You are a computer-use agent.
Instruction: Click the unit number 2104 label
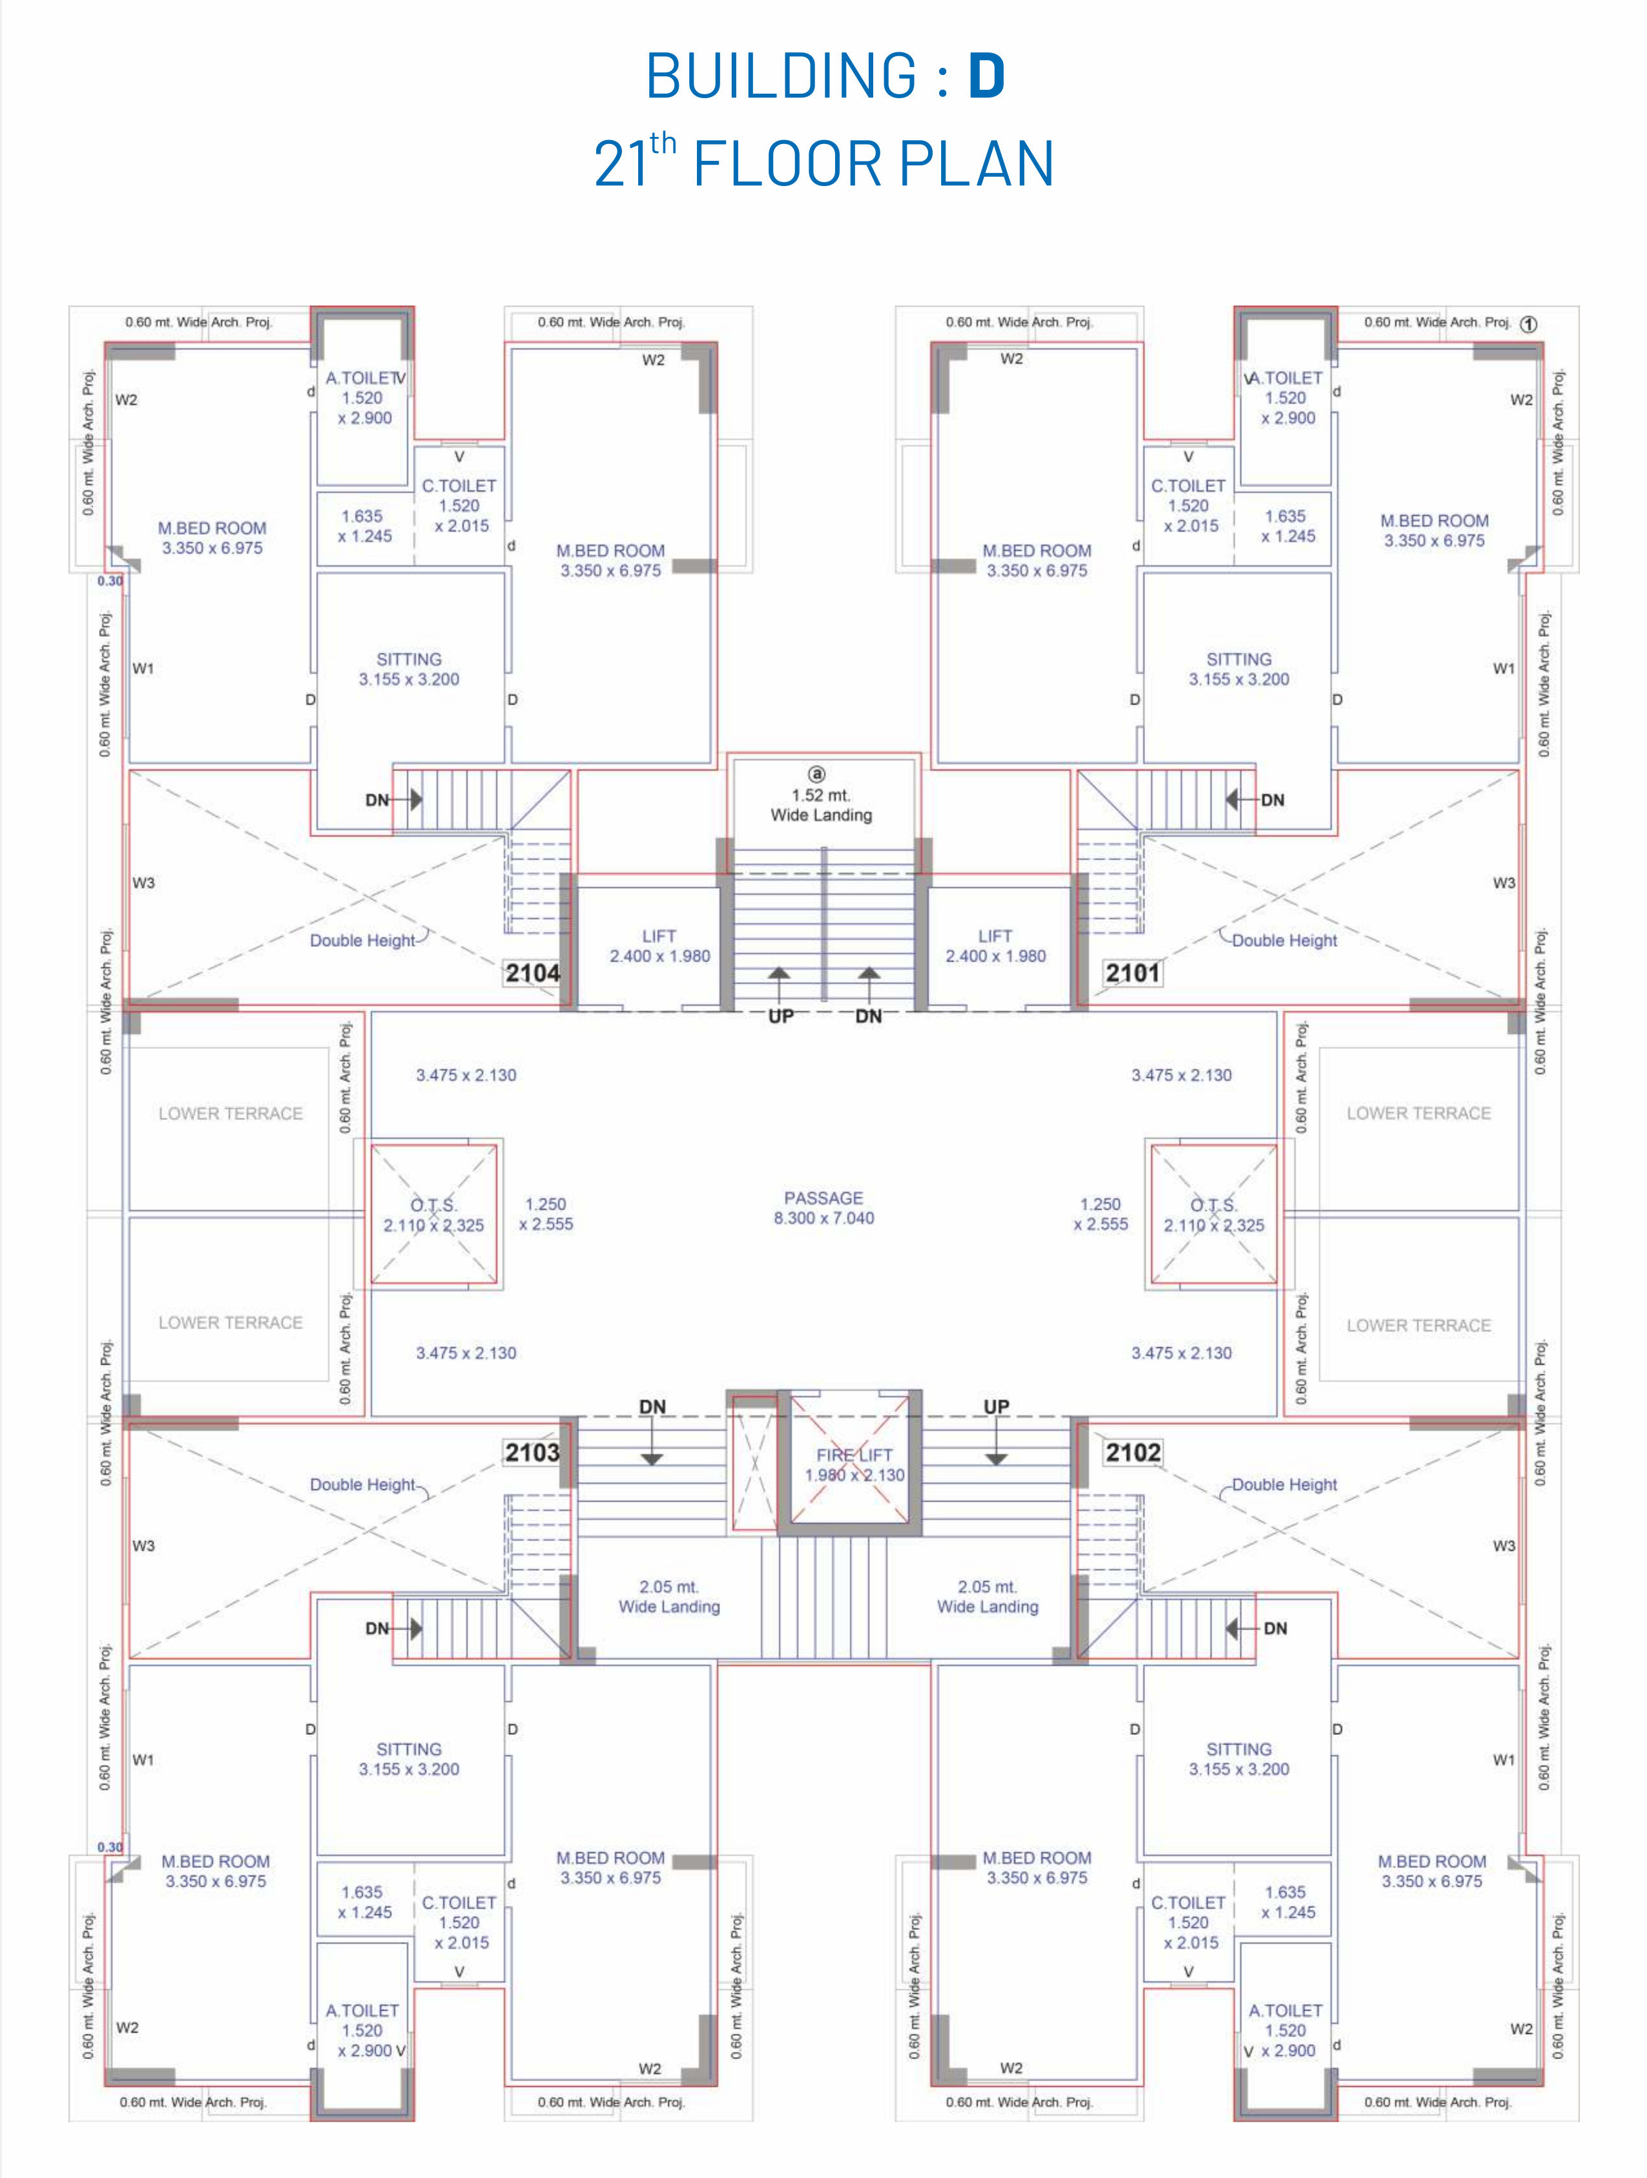[533, 973]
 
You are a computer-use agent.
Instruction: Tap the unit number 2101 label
[1132, 973]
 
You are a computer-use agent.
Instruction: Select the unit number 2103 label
[533, 1453]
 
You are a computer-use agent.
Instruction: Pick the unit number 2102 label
[1133, 1453]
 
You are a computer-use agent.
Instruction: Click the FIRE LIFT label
[855, 1455]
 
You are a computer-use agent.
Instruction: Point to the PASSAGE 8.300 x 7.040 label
[824, 1207]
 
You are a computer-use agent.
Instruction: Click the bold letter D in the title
[988, 76]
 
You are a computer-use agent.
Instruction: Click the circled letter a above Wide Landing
[816, 775]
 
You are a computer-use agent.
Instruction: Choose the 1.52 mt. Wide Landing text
[821, 804]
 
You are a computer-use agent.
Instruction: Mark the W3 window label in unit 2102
[1503, 1546]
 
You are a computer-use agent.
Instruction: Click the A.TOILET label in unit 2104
[362, 378]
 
